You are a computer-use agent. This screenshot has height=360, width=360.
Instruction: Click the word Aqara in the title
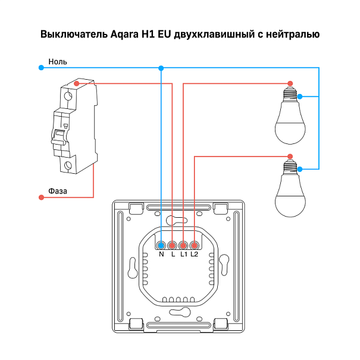(x=124, y=35)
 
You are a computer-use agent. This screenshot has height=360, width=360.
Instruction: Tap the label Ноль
(x=58, y=62)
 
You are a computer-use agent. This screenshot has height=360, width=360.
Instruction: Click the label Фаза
(x=58, y=191)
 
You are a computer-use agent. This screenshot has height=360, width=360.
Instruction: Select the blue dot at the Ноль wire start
(x=41, y=68)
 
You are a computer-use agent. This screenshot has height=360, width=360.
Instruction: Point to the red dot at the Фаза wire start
(x=41, y=198)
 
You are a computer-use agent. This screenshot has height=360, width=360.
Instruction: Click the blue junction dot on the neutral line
(x=161, y=68)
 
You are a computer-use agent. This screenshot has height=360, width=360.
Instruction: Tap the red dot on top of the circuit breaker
(x=77, y=83)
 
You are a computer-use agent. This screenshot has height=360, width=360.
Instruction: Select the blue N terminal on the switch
(x=161, y=246)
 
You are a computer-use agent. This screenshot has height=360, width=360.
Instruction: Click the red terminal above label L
(x=172, y=246)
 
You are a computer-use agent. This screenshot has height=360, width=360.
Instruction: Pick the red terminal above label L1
(x=183, y=246)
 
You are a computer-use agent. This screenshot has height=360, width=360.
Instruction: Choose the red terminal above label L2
(x=194, y=246)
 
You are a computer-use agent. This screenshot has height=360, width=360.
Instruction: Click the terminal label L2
(x=194, y=254)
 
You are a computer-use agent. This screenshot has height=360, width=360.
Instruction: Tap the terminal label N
(x=161, y=254)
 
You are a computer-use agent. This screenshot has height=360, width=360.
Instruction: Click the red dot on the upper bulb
(x=290, y=83)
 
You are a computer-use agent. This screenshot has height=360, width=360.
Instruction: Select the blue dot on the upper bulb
(x=300, y=96)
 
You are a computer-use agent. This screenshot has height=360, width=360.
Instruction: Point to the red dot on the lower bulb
(x=290, y=156)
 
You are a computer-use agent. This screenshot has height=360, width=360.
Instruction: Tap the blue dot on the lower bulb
(x=300, y=170)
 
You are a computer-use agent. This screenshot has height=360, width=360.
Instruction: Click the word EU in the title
(x=165, y=35)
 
